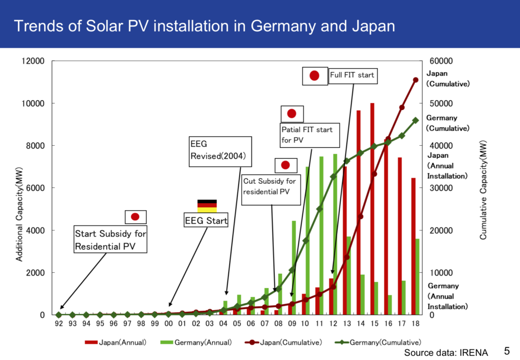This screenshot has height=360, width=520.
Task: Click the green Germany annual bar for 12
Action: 335,234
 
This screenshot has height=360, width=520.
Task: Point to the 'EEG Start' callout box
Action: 205,221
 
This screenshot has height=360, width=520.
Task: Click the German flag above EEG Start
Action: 207,206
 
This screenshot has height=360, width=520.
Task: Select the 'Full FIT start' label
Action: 352,75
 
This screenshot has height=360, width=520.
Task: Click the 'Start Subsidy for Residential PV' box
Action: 111,240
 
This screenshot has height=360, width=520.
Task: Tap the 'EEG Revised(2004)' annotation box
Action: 218,151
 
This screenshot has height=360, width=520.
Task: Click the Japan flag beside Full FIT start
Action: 314,76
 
